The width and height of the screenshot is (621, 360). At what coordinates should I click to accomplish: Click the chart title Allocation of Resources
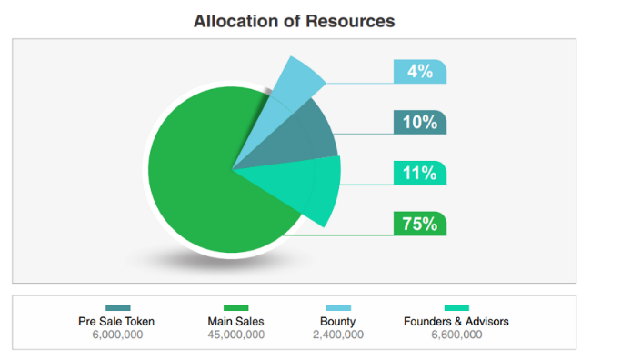[x=294, y=21]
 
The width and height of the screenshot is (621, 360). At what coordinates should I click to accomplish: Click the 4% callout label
[x=420, y=72]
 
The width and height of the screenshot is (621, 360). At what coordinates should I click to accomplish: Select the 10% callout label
[x=420, y=122]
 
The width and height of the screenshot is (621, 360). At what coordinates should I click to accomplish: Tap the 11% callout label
[x=420, y=173]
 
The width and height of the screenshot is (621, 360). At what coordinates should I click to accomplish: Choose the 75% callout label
[x=420, y=224]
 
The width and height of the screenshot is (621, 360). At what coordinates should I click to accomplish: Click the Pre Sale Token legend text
[x=116, y=322]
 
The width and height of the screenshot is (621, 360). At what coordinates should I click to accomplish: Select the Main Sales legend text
[x=236, y=322]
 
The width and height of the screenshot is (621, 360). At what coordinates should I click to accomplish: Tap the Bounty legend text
[x=338, y=322]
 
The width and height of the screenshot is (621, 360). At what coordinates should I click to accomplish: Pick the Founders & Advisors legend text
[x=456, y=322]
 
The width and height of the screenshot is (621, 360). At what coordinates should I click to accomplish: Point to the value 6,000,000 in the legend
[x=117, y=335]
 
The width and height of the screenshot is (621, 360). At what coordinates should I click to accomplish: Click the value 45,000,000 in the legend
[x=236, y=335]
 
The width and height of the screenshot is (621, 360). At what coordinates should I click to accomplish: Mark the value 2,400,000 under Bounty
[x=338, y=335]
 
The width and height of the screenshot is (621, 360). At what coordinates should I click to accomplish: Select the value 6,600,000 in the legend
[x=456, y=335]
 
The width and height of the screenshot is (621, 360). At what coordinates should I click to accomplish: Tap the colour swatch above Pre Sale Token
[x=118, y=307]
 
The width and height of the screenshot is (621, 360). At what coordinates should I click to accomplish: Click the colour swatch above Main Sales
[x=236, y=307]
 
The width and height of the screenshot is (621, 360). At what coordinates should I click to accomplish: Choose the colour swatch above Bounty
[x=338, y=307]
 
